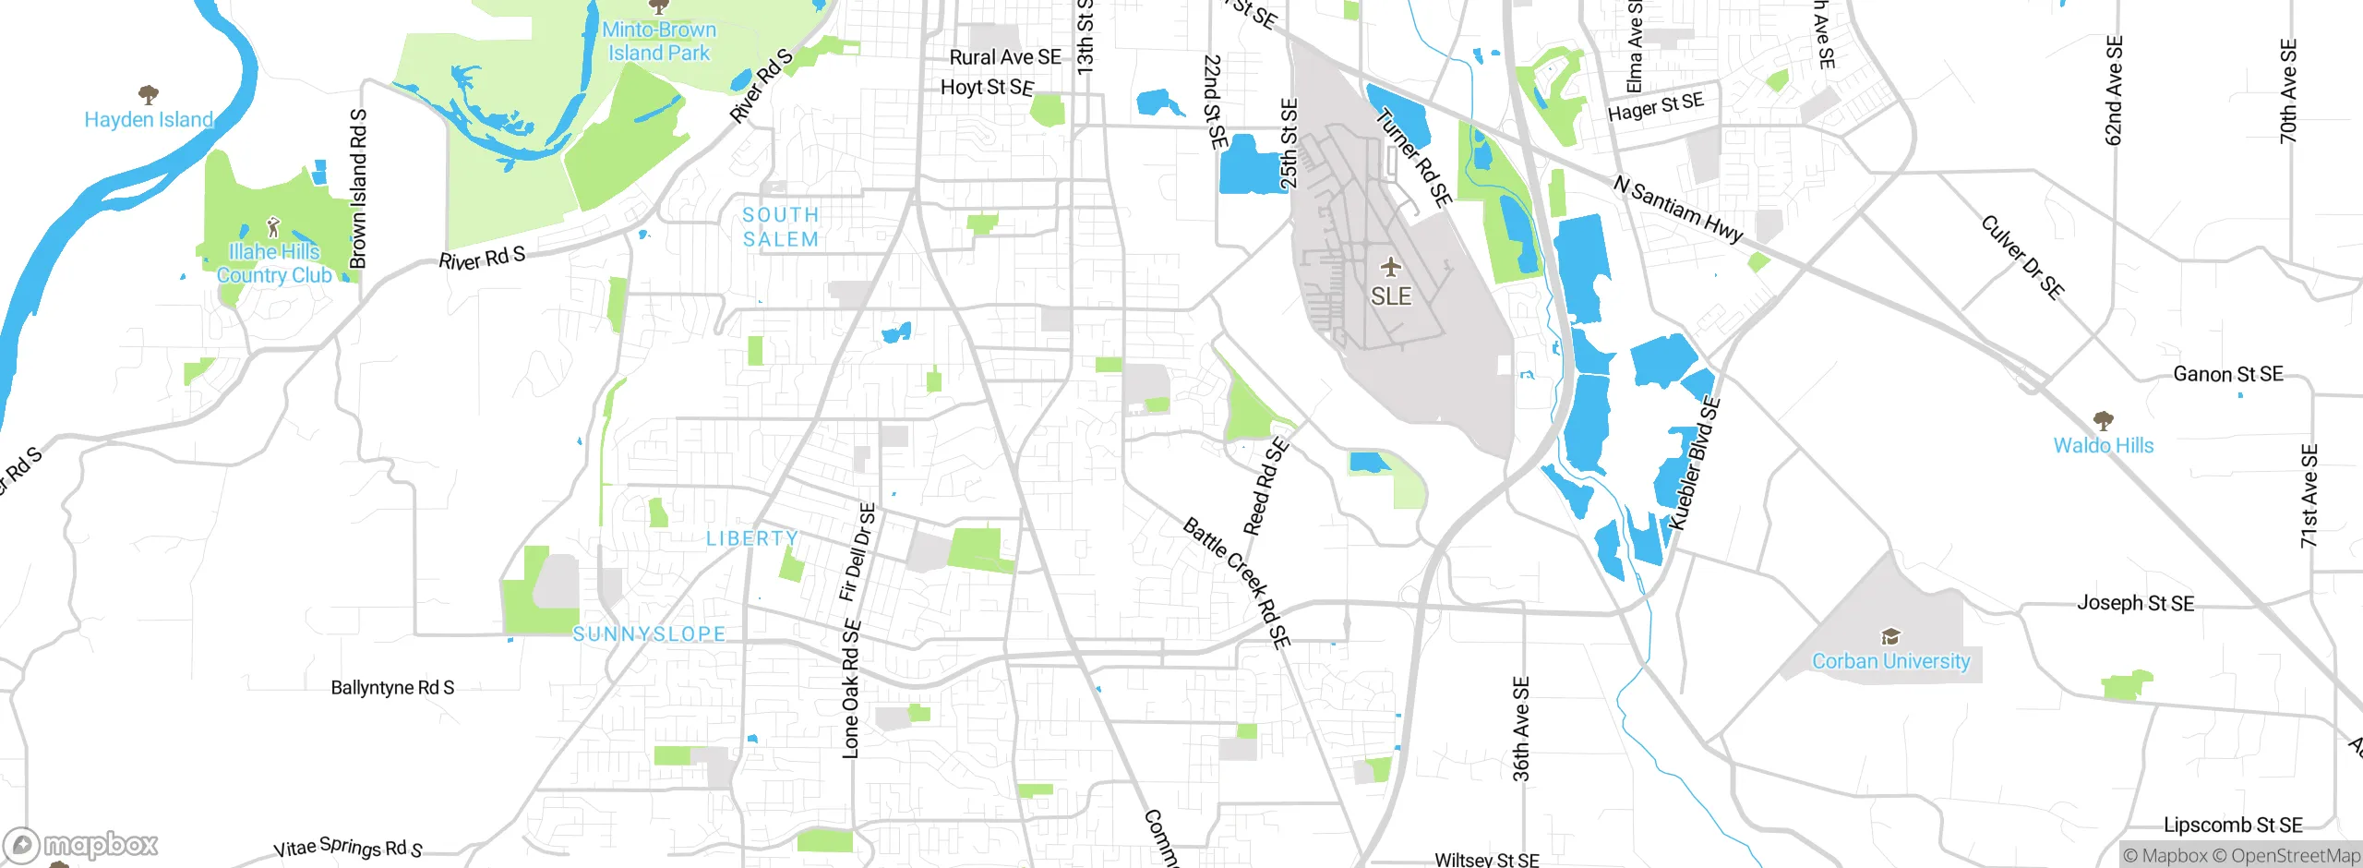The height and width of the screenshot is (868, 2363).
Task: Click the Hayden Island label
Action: (x=149, y=120)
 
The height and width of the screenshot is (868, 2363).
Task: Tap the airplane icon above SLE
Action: (x=1391, y=269)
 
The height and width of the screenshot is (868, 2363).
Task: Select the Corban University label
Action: (x=1890, y=661)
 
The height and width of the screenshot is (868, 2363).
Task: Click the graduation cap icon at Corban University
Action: (x=1890, y=636)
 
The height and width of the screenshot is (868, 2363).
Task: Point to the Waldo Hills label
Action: (x=2103, y=445)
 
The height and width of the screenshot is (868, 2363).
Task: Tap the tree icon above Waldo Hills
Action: (x=2104, y=421)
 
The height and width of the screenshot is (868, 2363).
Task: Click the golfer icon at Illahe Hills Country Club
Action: (x=272, y=227)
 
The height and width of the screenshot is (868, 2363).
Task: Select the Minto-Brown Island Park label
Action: (x=659, y=42)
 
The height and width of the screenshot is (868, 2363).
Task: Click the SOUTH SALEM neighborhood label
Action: (x=781, y=227)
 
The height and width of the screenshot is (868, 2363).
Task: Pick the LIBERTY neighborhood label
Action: (x=752, y=538)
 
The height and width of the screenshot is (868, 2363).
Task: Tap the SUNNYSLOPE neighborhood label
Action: (x=649, y=634)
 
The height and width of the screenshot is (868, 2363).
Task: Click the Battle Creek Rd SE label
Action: (x=1236, y=582)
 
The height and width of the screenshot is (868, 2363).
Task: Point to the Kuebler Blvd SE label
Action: (x=1694, y=464)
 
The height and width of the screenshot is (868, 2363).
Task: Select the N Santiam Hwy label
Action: (x=1678, y=210)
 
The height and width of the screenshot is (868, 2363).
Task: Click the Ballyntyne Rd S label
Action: (x=392, y=688)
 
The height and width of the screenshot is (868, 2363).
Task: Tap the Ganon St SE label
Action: (x=2227, y=374)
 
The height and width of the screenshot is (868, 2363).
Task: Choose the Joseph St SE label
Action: (x=2135, y=603)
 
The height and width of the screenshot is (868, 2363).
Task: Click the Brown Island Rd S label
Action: (x=358, y=189)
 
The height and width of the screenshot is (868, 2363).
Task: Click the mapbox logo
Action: (x=81, y=845)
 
